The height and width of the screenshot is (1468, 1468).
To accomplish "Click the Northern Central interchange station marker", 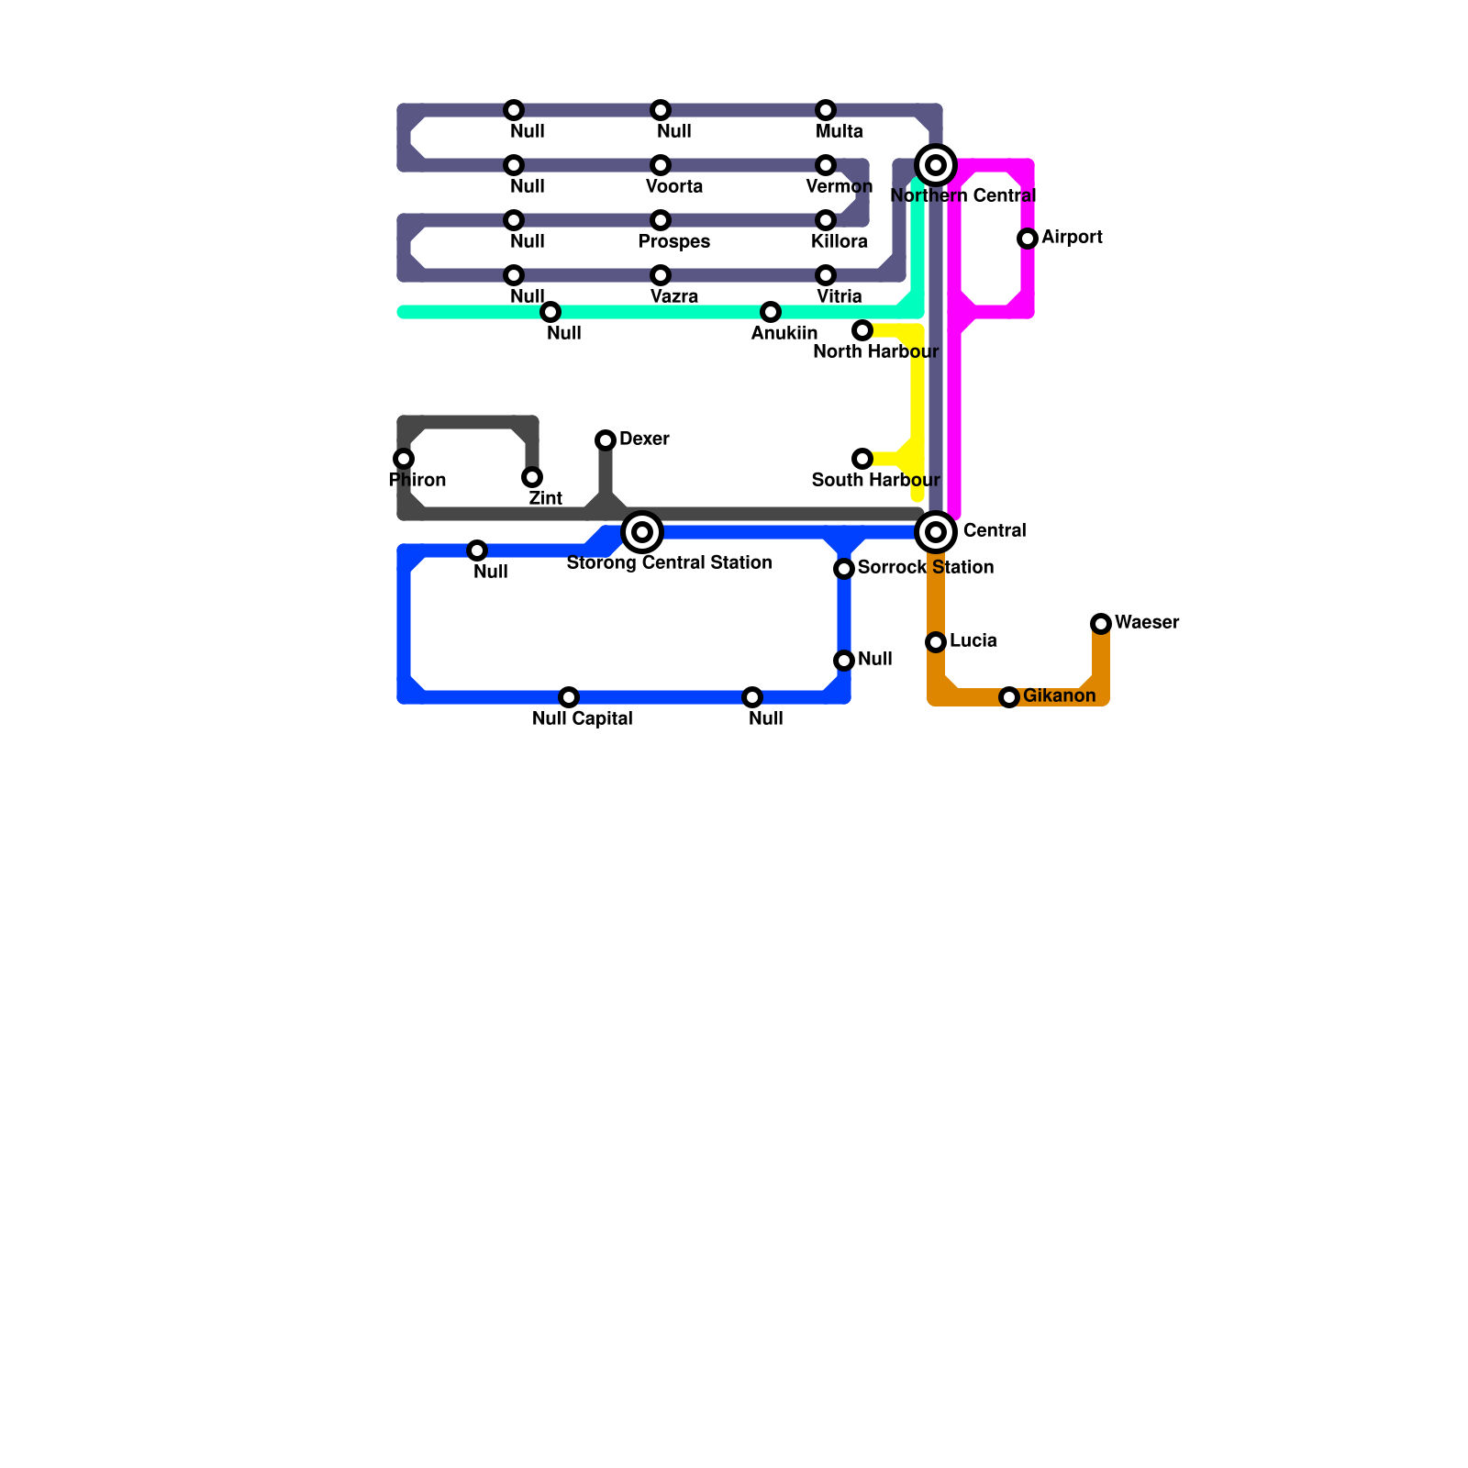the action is coord(936,165).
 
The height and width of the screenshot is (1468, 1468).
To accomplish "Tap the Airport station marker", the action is coord(1028,239).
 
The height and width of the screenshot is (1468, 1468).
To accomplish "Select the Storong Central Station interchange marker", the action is coord(642,532).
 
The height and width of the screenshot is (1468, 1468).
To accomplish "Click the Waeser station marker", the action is coord(1101,624).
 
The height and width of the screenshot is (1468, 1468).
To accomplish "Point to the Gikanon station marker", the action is coord(1009,697).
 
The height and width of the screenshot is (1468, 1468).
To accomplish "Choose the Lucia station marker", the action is coord(936,642).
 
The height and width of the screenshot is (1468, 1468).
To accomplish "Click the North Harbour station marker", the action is coord(862,330).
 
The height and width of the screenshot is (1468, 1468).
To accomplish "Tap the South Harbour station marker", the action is coord(862,459).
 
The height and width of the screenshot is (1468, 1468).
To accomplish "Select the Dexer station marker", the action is coord(606,440).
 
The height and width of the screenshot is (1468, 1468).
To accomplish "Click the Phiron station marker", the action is coord(404,459).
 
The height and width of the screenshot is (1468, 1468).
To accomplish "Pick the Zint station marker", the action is coord(532,477).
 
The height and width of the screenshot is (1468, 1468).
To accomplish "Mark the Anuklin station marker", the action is coord(771,312).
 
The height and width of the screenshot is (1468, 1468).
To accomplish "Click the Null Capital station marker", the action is coord(569,697).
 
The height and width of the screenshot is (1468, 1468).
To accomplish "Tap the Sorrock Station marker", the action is coord(844,569).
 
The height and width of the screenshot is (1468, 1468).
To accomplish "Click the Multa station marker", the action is coord(826,110).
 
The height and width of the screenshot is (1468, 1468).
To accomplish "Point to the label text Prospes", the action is coord(674,242).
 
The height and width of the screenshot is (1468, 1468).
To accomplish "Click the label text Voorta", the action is coord(674,187).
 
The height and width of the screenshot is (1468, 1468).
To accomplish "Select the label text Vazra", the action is coord(674,297).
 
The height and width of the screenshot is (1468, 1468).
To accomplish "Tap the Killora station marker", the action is coord(826,220).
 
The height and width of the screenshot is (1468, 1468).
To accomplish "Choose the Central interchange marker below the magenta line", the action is coord(936,532).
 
